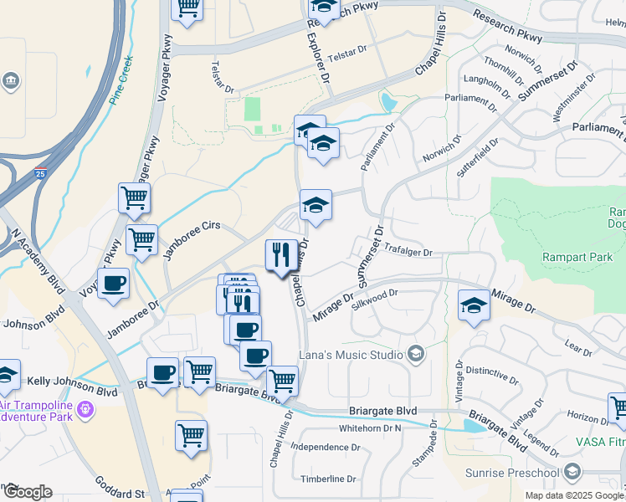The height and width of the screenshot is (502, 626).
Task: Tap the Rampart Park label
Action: pos(577,257)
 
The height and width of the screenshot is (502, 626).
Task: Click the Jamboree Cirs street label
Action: pos(192,241)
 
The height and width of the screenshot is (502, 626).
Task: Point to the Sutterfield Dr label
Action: pos(478,155)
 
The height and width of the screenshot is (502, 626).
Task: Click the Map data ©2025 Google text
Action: pos(573,495)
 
